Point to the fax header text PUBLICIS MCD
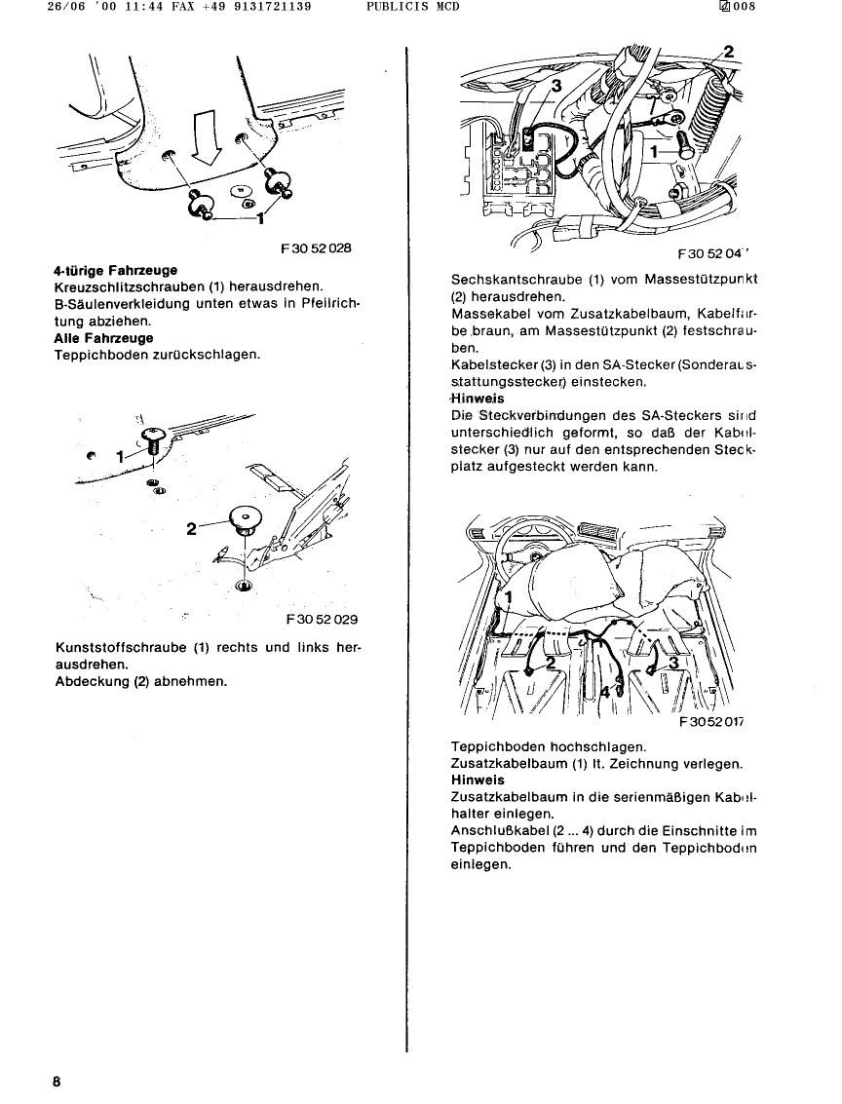[x=412, y=7]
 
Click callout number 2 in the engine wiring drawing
[x=729, y=52]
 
